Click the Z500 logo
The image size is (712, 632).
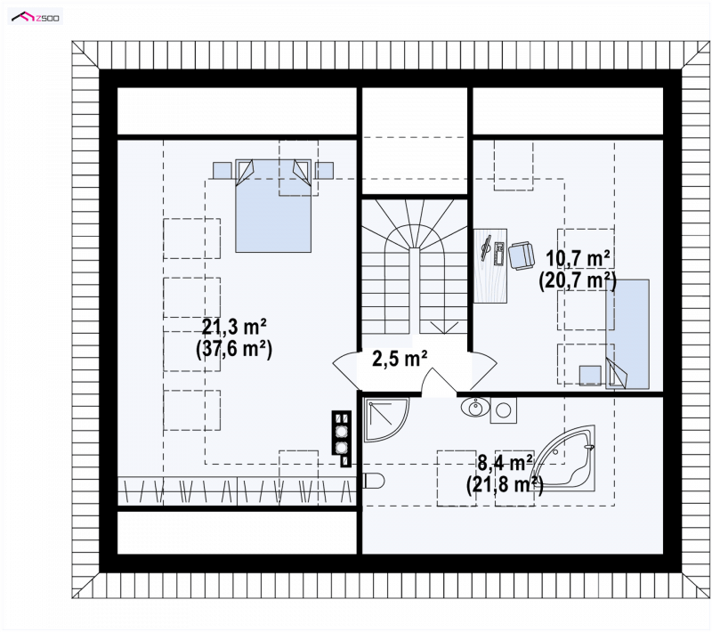(36, 17)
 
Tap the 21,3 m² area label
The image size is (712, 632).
(234, 327)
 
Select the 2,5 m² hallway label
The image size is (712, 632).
(400, 358)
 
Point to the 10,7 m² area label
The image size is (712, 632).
(578, 259)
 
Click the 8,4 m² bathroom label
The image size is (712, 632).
(505, 463)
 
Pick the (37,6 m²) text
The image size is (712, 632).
(234, 350)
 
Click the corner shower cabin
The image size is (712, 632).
(386, 420)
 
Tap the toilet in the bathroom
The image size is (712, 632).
(374, 481)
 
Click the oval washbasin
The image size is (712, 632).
(475, 407)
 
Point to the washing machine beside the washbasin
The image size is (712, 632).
(503, 410)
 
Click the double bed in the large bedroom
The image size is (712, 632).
(273, 206)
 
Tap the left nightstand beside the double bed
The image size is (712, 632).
(222, 171)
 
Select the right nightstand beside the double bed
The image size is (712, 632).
(324, 171)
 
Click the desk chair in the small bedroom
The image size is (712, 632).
(522, 255)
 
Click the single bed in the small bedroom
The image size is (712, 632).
(627, 334)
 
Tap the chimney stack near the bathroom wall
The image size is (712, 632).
(342, 438)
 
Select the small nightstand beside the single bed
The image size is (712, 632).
(590, 375)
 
